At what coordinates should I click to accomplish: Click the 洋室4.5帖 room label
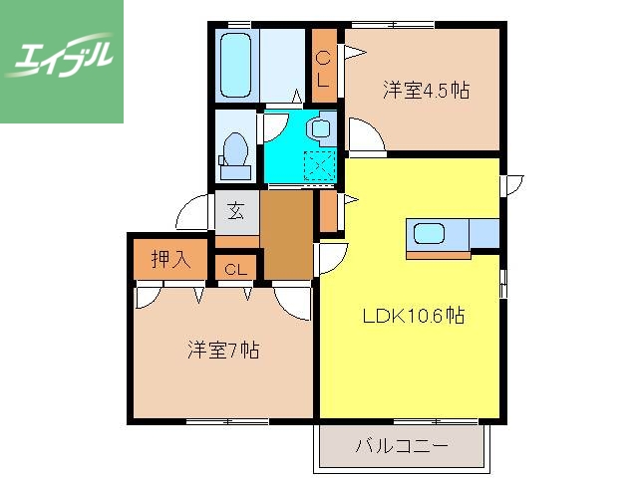[426, 91]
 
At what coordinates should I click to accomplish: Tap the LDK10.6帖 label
[413, 317]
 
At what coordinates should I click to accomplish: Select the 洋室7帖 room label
[223, 351]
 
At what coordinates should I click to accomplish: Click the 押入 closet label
[169, 260]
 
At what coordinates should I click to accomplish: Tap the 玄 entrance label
[236, 210]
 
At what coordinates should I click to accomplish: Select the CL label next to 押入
[236, 270]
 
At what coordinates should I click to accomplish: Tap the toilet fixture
[236, 150]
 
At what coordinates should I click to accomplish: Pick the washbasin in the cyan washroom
[320, 128]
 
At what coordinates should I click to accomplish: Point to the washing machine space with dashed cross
[320, 167]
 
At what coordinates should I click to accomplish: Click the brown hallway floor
[287, 235]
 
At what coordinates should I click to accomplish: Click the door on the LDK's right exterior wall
[509, 183]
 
